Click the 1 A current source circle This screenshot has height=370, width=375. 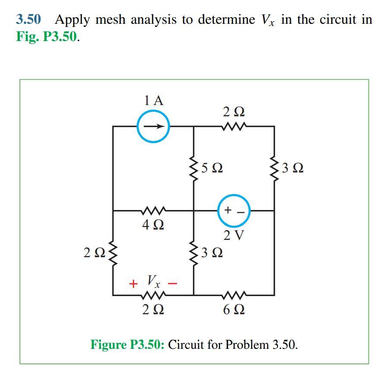(x=153, y=127)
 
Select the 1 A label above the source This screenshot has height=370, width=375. (x=154, y=101)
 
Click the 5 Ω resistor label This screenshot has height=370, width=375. (x=212, y=167)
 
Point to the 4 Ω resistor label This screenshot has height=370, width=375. (x=152, y=225)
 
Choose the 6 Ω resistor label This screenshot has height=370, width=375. (x=234, y=309)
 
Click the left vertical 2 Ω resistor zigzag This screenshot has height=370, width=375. (x=113, y=253)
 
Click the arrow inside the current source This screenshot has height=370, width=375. (x=154, y=127)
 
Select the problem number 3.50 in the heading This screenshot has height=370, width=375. (x=28, y=19)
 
